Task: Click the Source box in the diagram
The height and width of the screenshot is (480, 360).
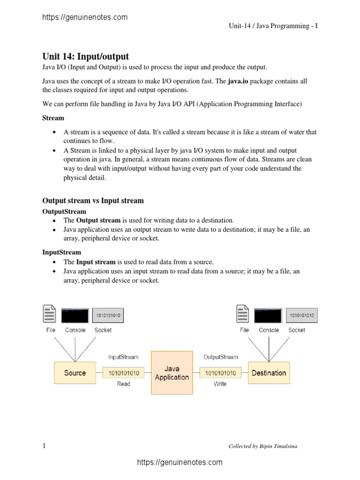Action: pyautogui.click(x=75, y=373)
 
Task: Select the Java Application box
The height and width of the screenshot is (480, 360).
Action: pyautogui.click(x=172, y=373)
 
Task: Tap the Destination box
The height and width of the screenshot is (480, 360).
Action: pyautogui.click(x=269, y=373)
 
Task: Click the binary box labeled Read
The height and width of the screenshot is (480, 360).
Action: pyautogui.click(x=124, y=373)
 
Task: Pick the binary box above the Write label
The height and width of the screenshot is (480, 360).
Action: pyautogui.click(x=220, y=373)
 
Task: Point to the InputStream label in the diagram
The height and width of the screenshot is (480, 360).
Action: pyautogui.click(x=123, y=357)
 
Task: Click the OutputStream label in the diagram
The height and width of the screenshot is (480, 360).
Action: pyautogui.click(x=220, y=357)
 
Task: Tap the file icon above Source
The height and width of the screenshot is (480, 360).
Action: pyautogui.click(x=49, y=314)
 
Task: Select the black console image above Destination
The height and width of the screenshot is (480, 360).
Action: pyautogui.click(x=269, y=315)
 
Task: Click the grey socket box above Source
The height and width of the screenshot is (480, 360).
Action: pyautogui.click(x=108, y=315)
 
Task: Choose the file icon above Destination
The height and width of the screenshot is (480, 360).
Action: pyautogui.click(x=243, y=314)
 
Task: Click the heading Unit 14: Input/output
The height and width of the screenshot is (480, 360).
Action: pyautogui.click(x=85, y=57)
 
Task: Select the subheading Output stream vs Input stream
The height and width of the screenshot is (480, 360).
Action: pyautogui.click(x=93, y=201)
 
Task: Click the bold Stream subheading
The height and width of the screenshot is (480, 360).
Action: pyautogui.click(x=53, y=118)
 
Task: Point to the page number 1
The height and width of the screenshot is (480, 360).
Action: pyautogui.click(x=44, y=446)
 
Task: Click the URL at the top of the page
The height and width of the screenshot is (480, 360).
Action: pyautogui.click(x=85, y=17)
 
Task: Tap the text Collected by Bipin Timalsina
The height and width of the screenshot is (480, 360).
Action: pyautogui.click(x=262, y=446)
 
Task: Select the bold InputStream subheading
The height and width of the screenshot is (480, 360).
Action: pyautogui.click(x=61, y=252)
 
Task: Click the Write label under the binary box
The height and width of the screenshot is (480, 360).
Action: pyautogui.click(x=220, y=384)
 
